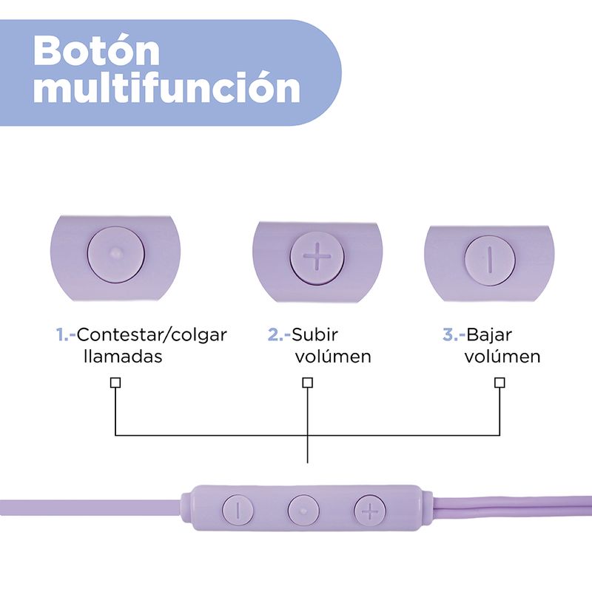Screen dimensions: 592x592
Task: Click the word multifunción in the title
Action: [x=166, y=89]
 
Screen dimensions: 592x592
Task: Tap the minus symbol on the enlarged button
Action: [x=489, y=258]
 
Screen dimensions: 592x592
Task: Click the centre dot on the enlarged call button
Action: [x=115, y=253]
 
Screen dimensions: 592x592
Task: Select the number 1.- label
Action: [x=67, y=334]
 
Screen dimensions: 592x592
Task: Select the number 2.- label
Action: [x=278, y=334]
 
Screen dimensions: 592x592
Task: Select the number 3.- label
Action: [x=454, y=334]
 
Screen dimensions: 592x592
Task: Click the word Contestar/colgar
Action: [x=152, y=334]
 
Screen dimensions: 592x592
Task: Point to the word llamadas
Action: [x=123, y=356]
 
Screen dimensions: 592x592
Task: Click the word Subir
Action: [x=309, y=334]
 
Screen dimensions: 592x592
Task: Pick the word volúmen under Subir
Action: [x=333, y=356]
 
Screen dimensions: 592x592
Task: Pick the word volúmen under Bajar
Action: [x=502, y=356]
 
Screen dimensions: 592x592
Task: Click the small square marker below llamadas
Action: [x=115, y=383]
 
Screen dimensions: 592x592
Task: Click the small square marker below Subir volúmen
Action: [x=307, y=383]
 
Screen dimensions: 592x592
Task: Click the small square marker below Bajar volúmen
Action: [x=499, y=383]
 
